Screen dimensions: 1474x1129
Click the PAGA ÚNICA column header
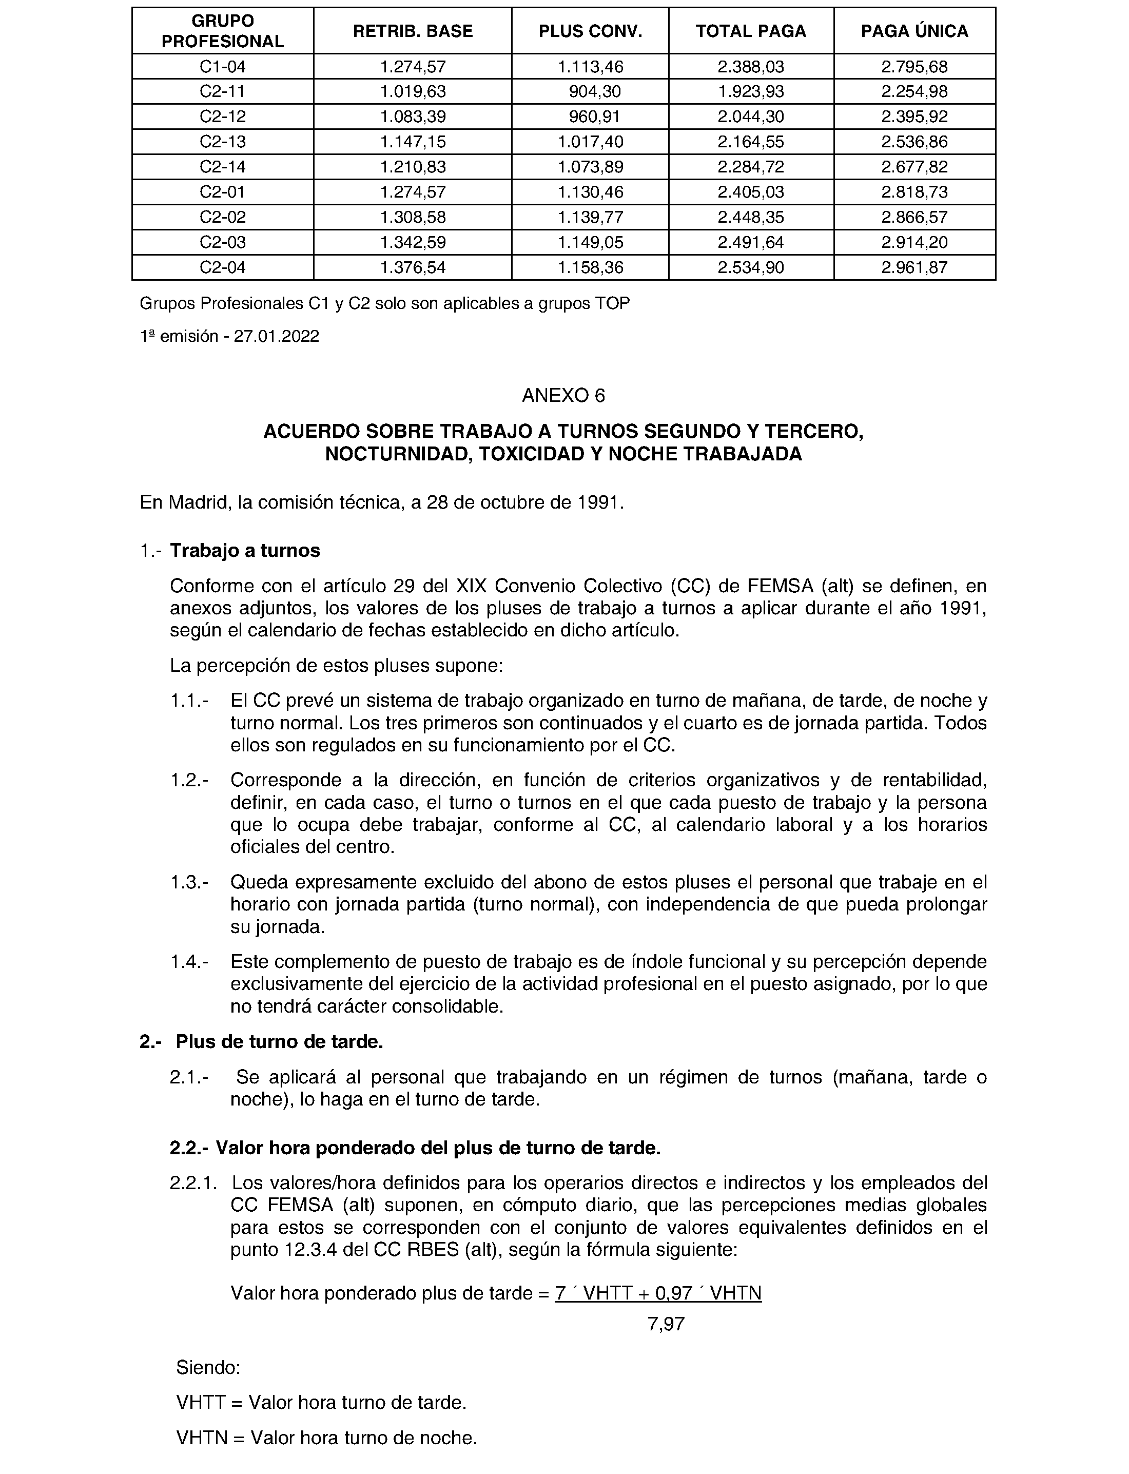[914, 31]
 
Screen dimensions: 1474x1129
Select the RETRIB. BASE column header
[413, 31]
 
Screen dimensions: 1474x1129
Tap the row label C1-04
[222, 67]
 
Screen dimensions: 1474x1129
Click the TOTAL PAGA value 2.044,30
[751, 117]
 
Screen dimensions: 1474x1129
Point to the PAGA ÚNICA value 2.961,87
[914, 267]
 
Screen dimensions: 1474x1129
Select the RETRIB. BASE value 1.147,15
[413, 142]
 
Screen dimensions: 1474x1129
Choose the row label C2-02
[222, 217]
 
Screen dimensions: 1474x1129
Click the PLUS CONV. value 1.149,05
[590, 242]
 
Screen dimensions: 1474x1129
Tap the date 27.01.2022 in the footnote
[276, 336]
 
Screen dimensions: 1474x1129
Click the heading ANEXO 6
[563, 395]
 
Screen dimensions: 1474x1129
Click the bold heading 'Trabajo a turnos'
[245, 551]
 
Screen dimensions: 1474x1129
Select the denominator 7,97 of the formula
[666, 1324]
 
